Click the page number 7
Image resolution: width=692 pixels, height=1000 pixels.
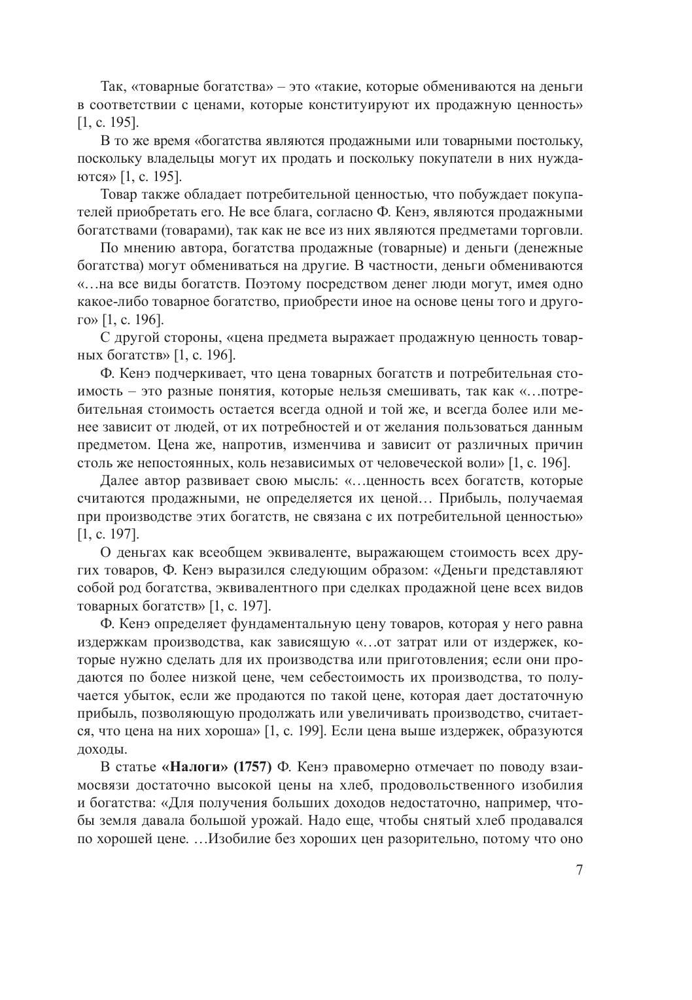[x=579, y=870]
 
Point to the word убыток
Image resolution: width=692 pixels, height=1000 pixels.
[x=139, y=695]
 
